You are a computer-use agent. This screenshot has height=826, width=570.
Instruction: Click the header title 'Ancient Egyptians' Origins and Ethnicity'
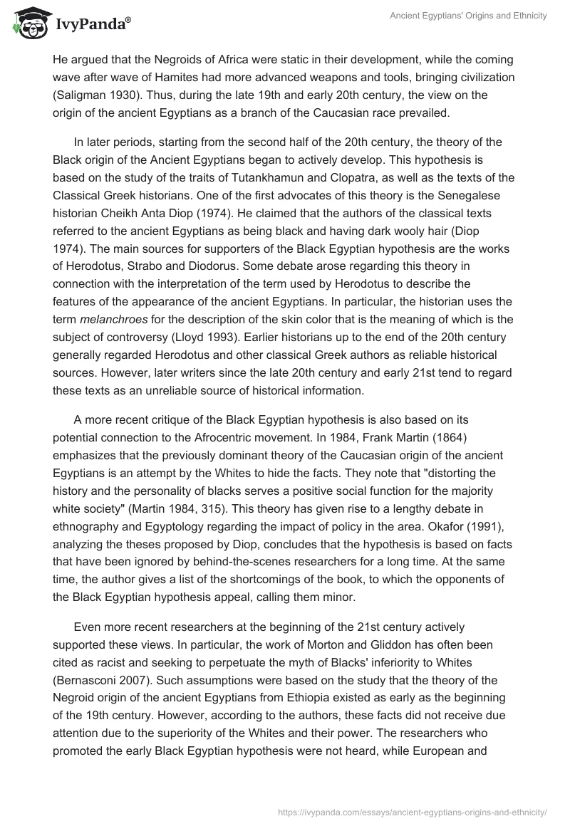click(468, 16)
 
